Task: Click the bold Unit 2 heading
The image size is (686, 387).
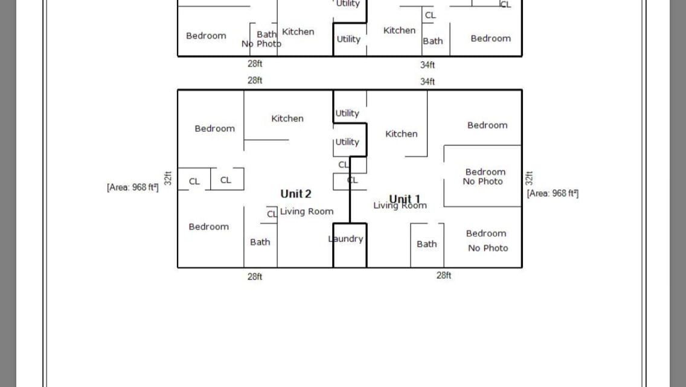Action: click(x=296, y=193)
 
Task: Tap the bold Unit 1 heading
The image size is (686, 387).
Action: click(x=405, y=199)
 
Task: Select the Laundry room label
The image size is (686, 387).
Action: click(x=346, y=239)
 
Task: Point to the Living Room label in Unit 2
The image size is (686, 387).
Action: click(x=307, y=211)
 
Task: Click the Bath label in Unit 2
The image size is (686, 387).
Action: click(x=260, y=242)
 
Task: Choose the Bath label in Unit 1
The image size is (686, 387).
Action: click(x=427, y=244)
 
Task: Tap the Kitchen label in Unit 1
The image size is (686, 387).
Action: click(x=402, y=134)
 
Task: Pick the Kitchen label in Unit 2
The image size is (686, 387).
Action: click(x=287, y=119)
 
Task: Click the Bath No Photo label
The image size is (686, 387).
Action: click(x=262, y=39)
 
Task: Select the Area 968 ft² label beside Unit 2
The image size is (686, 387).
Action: click(x=133, y=187)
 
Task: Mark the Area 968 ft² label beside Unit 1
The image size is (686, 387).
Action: click(x=553, y=193)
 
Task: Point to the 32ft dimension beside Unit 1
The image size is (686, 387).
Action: click(x=530, y=178)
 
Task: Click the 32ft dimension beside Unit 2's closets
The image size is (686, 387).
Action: click(x=168, y=178)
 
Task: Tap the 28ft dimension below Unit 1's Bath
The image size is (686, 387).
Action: click(x=444, y=275)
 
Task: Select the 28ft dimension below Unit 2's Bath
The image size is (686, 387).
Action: click(x=255, y=277)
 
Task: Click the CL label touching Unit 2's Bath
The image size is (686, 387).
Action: click(x=272, y=214)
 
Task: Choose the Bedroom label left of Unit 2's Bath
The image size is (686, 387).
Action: click(x=209, y=227)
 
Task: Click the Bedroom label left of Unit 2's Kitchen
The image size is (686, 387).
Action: click(x=215, y=128)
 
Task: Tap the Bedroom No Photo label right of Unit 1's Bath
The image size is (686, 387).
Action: click(x=487, y=241)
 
